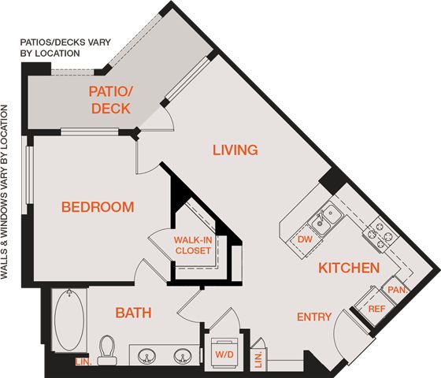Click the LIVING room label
tap(235, 150)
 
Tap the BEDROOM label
tap(98, 207)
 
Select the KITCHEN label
tap(349, 268)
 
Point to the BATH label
tap(133, 313)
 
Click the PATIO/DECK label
tap(111, 100)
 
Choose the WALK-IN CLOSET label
tap(193, 245)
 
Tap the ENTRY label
tap(314, 317)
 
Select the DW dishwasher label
tap(305, 239)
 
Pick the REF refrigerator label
tap(376, 309)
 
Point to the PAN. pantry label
tap(398, 290)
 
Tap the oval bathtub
tap(69, 321)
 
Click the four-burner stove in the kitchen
tap(380, 235)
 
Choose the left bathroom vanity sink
tap(146, 356)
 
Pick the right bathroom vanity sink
tap(182, 356)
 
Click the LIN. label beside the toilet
tap(83, 361)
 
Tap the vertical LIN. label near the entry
tap(258, 359)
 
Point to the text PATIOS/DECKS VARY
tap(65, 43)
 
